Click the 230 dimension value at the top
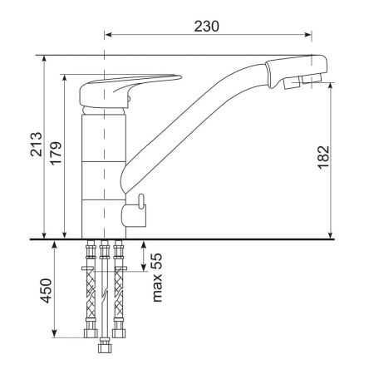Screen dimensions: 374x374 [208, 25]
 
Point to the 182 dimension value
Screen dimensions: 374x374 [325, 159]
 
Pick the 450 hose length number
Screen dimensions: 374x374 [47, 292]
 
